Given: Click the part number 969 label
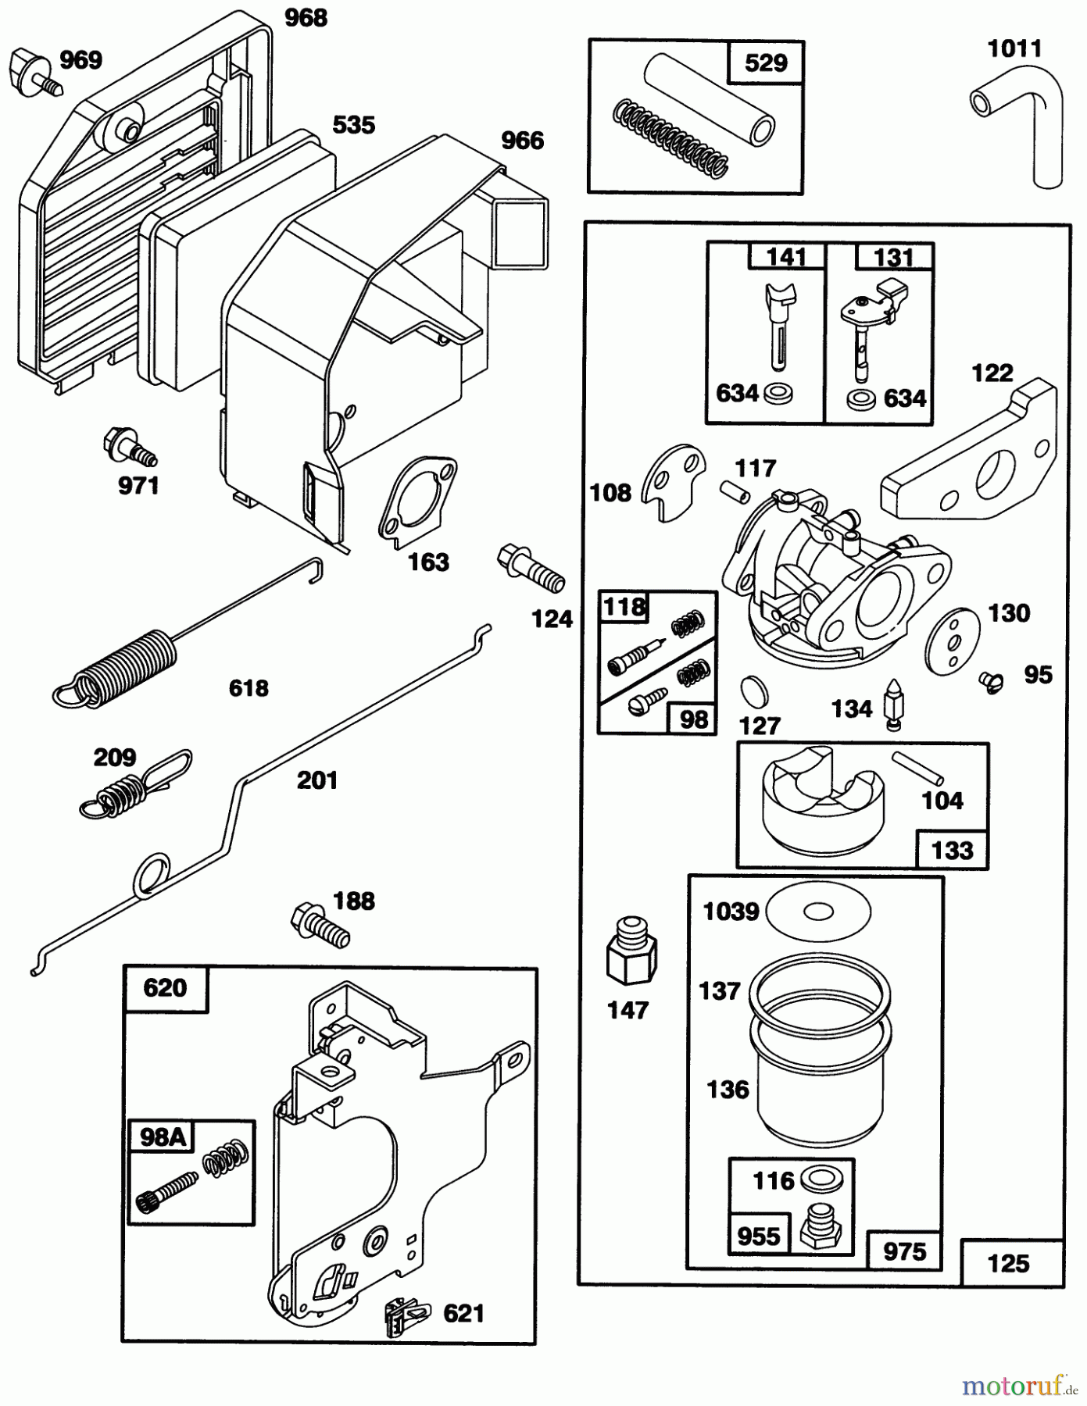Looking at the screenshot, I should click(x=81, y=60).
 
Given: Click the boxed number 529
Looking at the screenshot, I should click(x=766, y=62).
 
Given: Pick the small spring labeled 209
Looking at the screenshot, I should click(x=133, y=786).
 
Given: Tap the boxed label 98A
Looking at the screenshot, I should click(x=162, y=1137).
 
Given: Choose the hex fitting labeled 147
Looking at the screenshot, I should click(x=631, y=954).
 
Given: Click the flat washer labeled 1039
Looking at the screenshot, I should click(x=818, y=911).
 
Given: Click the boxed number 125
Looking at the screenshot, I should click(x=1010, y=1263).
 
